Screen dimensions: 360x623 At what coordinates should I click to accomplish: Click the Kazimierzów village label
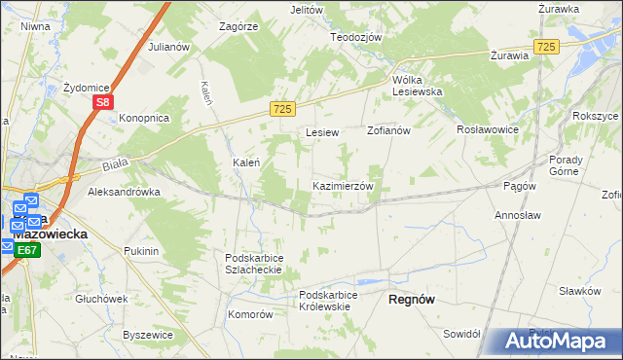coord(342,186)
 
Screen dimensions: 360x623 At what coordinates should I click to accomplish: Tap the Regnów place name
coord(411,300)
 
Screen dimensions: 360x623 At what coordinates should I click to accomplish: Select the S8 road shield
coord(104,101)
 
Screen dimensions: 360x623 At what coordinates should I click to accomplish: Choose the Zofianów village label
coord(389,129)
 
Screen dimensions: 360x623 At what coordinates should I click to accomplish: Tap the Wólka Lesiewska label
coord(417,86)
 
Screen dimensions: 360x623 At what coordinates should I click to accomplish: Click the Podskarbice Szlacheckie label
coord(253,264)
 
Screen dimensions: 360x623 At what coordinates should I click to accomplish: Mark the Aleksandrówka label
coord(124,193)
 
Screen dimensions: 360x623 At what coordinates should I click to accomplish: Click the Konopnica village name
coord(144,118)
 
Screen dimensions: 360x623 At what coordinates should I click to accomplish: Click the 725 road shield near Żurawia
coord(546,47)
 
